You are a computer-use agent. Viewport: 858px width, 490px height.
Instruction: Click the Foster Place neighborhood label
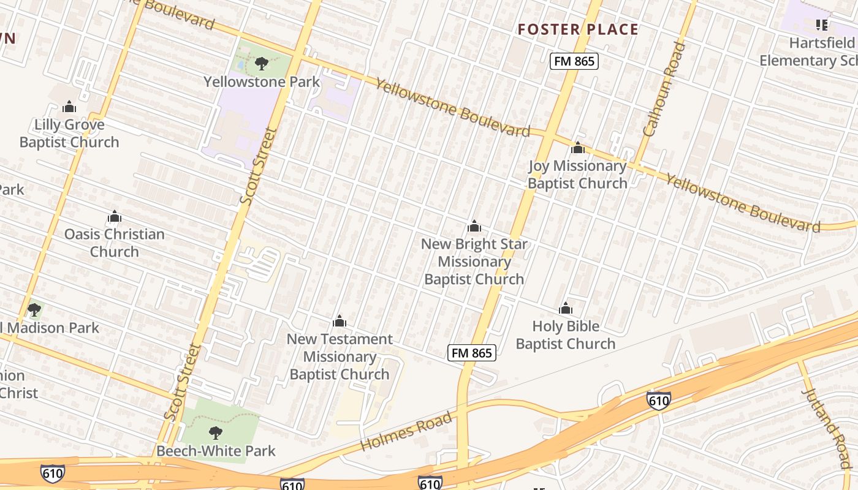pos(578,29)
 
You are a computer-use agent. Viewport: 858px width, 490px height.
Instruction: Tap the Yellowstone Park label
pos(262,81)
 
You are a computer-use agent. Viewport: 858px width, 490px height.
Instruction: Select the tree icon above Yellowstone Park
pos(262,63)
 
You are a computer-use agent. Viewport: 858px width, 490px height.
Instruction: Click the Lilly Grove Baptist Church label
pos(69,134)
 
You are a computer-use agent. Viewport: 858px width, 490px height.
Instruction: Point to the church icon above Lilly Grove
pos(69,107)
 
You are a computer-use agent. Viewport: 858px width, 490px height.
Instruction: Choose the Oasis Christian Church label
pos(115,243)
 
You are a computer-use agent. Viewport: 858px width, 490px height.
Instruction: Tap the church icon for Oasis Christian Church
pos(115,217)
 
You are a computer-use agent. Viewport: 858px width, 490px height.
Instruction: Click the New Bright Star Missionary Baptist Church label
pos(474,262)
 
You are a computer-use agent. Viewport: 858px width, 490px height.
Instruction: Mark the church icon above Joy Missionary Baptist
pos(577,148)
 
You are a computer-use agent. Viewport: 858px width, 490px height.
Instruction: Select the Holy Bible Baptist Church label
pos(565,335)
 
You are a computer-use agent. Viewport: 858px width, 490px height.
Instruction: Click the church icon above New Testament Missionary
pos(340,322)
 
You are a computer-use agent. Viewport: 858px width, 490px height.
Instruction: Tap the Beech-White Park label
pos(216,451)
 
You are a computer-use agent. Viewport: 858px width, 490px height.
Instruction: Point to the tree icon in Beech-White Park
pos(215,433)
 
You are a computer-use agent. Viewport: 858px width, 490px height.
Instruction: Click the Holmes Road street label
pos(407,432)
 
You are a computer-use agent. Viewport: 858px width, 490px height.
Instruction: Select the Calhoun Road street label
pos(664,89)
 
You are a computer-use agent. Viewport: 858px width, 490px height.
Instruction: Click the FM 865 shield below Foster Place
pos(574,61)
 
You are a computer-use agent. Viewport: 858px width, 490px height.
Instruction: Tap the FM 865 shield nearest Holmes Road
pos(471,353)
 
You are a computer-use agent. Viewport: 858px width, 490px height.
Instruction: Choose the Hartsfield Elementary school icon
pos(822,25)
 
